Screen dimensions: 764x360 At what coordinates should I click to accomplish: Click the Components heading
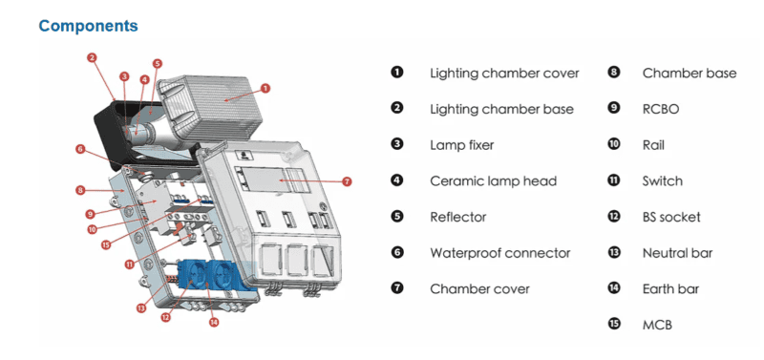(88, 26)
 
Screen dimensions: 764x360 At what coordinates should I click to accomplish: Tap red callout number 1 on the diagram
(265, 88)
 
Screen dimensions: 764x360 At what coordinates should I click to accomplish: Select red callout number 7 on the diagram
(347, 182)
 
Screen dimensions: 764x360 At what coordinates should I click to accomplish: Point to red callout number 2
(92, 58)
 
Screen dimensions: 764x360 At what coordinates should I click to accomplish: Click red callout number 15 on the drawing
(107, 245)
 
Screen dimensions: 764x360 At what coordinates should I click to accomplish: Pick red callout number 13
(141, 307)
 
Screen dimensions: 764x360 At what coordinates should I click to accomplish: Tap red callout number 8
(81, 190)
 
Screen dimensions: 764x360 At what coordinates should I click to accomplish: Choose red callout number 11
(129, 265)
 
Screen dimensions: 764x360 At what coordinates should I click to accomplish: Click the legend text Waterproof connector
(499, 253)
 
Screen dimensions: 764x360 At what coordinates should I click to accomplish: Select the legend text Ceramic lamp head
(493, 181)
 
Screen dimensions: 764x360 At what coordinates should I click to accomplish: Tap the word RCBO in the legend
(661, 109)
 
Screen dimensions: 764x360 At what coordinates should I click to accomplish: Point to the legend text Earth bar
(671, 289)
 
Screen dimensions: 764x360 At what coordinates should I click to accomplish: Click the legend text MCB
(657, 325)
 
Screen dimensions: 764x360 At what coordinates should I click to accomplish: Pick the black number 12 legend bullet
(614, 216)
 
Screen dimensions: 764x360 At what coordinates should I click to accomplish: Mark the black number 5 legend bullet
(397, 216)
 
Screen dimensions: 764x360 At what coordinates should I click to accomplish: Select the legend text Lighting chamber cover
(504, 74)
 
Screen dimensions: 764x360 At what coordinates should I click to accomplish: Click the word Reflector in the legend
(458, 218)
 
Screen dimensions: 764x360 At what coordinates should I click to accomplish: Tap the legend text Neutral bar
(678, 253)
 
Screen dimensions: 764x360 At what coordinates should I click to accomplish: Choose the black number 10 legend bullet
(614, 144)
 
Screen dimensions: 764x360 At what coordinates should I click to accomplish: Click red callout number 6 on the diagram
(81, 150)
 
